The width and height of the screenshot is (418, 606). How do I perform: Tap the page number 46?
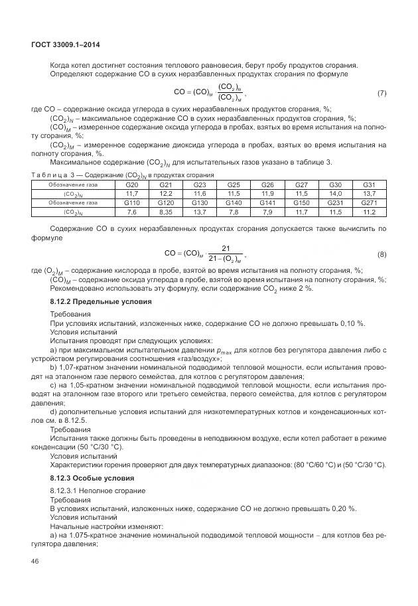coord(36,562)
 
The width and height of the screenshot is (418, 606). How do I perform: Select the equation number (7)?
coord(382,92)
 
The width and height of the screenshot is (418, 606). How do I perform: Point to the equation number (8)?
coord(382,254)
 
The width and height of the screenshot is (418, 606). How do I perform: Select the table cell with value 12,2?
coord(166,193)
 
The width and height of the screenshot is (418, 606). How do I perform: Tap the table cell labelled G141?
coord(267,202)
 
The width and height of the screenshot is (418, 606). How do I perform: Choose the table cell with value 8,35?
coord(166,211)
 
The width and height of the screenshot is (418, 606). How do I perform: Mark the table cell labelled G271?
coord(369,202)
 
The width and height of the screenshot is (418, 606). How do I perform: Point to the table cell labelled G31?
coord(369,185)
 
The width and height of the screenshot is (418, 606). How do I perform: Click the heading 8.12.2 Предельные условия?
coord(101,301)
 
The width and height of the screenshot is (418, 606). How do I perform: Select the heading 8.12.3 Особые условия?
coord(92,478)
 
